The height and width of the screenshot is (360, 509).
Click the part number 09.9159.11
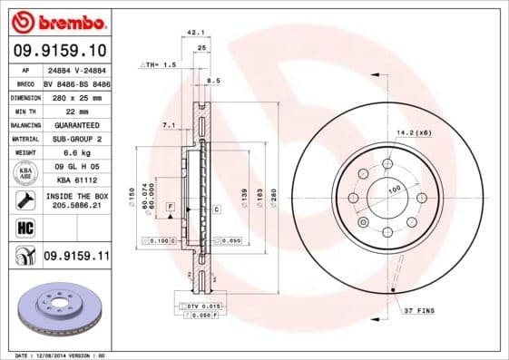click(x=75, y=258)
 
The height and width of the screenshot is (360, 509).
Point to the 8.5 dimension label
click(x=214, y=81)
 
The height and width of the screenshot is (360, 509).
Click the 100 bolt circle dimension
click(x=395, y=190)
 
